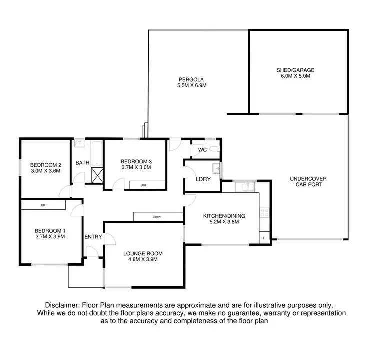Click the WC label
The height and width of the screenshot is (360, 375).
pyautogui.click(x=202, y=150)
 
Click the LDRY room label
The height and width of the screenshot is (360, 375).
pyautogui.click(x=202, y=179)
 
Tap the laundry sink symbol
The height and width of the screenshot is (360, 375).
pyautogui.click(x=216, y=167)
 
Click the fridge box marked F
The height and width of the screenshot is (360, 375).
pyautogui.click(x=264, y=238)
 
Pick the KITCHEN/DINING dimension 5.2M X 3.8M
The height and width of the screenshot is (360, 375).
pyautogui.click(x=224, y=222)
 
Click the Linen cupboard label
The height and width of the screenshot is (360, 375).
pyautogui.click(x=157, y=217)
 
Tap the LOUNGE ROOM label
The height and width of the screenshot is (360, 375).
pyautogui.click(x=143, y=253)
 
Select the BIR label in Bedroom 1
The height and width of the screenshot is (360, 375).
pyautogui.click(x=44, y=205)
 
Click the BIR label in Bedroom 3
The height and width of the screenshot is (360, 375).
pyautogui.click(x=144, y=185)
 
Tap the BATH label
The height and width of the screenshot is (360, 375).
pyautogui.click(x=82, y=163)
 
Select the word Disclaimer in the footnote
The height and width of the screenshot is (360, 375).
pyautogui.click(x=62, y=305)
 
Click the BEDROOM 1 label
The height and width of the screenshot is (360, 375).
pyautogui.click(x=50, y=231)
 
